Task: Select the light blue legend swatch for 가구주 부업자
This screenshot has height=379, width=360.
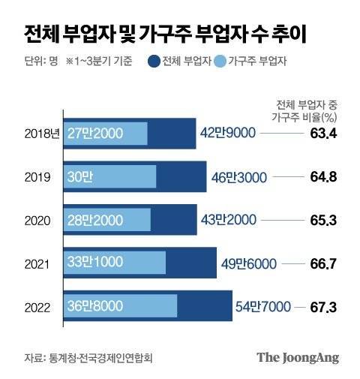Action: point(220,62)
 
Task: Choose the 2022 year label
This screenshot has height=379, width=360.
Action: point(36,306)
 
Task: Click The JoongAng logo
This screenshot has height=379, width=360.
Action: point(298,356)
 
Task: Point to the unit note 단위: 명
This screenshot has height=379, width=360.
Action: point(35,62)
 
